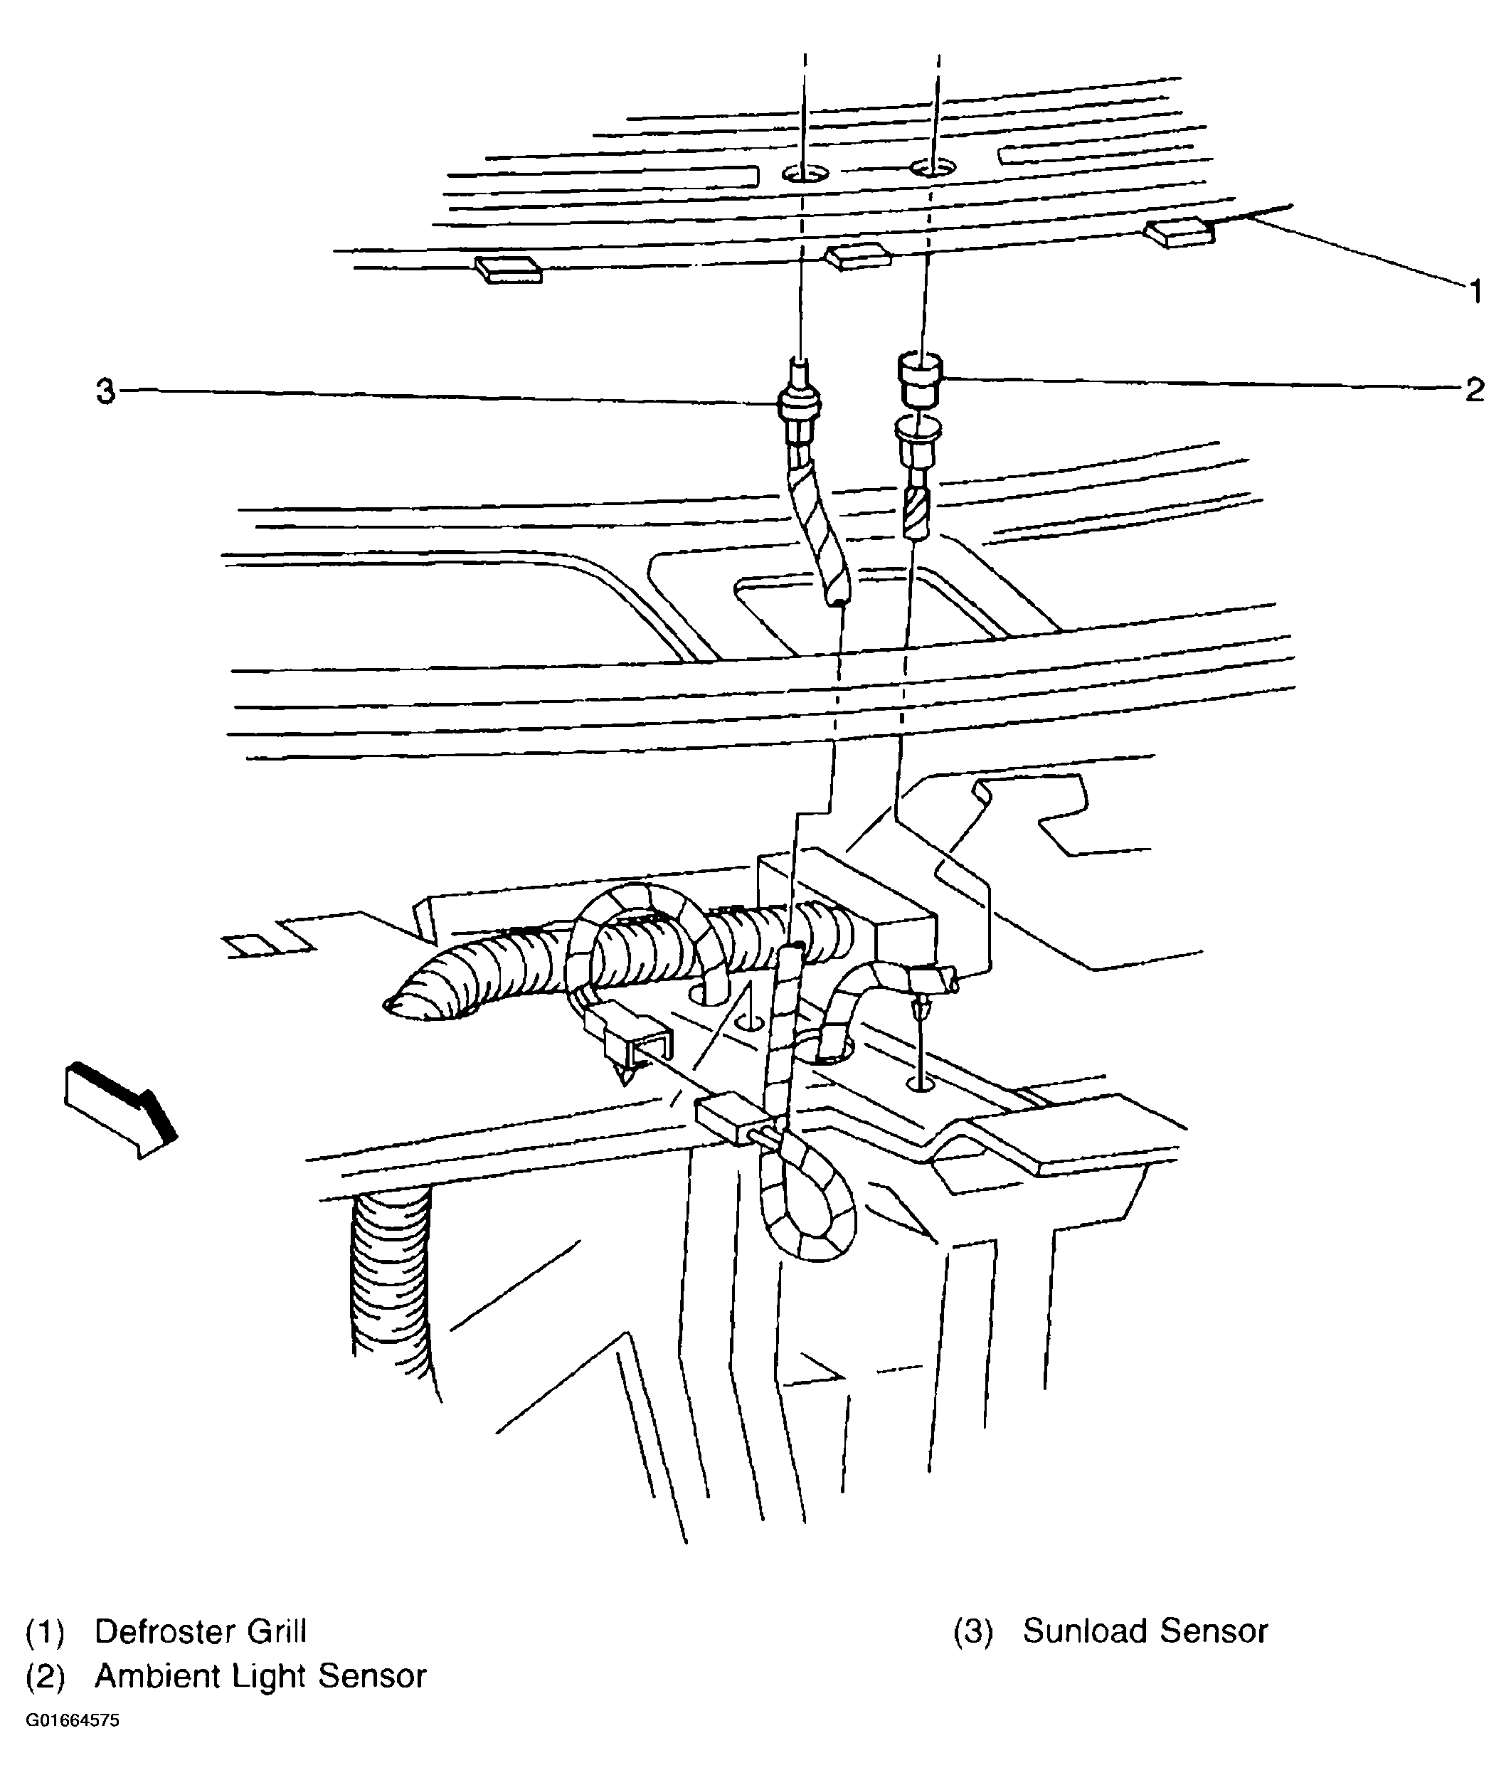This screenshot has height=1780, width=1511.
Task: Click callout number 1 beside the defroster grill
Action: click(1474, 292)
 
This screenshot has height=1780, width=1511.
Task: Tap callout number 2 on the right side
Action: click(1473, 391)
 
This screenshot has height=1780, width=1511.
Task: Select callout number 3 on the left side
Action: click(105, 392)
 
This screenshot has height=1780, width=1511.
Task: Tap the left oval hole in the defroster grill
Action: click(805, 174)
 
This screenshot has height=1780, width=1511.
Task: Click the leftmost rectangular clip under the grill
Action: click(509, 270)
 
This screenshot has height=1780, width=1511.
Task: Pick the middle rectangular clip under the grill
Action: click(857, 256)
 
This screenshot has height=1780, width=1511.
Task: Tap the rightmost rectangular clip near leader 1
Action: click(1181, 233)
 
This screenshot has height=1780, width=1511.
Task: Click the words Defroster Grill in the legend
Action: click(201, 1632)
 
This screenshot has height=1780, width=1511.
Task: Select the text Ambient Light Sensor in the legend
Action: click(260, 1676)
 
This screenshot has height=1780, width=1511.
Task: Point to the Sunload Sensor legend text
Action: click(1145, 1632)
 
